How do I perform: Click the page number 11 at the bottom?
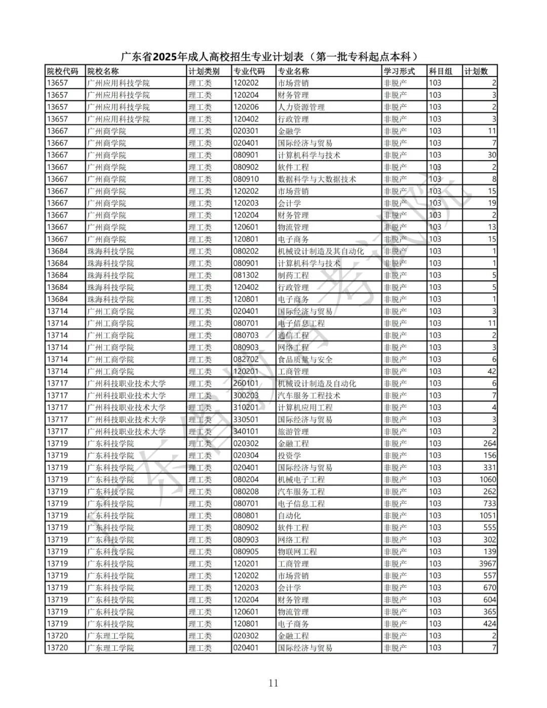point(273,683)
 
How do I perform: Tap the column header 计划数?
point(476,71)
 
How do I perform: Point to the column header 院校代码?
point(63,71)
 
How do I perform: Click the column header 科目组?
point(440,71)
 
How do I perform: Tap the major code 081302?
point(246,275)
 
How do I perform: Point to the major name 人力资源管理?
point(301,107)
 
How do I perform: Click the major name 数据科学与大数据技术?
point(317,179)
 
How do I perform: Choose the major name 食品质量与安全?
point(305,359)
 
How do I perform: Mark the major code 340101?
point(246,431)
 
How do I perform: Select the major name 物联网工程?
point(297,551)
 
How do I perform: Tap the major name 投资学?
point(289,455)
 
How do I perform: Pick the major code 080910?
point(246,179)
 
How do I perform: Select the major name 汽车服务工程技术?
point(309,395)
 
